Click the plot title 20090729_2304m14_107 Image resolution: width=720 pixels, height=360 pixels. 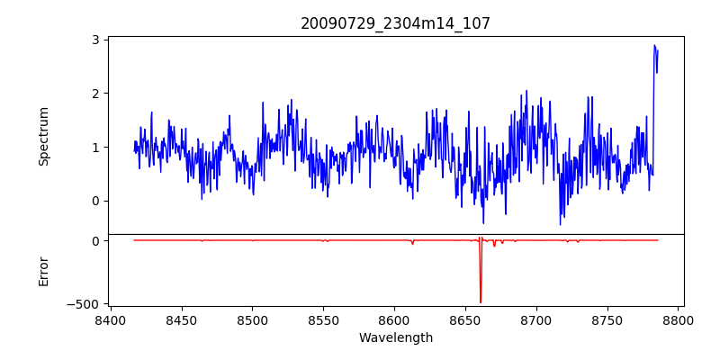coord(395,23)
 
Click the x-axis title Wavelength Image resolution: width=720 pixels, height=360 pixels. coord(395,338)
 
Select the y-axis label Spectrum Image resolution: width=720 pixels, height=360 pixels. coord(43,136)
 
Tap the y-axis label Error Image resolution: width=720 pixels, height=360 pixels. coord(43,271)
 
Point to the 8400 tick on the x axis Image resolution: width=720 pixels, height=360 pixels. coord(110,319)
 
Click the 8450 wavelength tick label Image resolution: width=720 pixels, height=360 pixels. coord(181,319)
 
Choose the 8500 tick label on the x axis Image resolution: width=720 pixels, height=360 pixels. coord(252,319)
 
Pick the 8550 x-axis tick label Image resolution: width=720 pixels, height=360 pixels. coord(323,319)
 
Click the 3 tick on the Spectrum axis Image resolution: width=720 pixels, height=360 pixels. coord(94,40)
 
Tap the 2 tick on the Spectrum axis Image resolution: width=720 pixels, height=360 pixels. coord(94,93)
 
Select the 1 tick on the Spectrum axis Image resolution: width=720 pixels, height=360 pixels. coord(94,147)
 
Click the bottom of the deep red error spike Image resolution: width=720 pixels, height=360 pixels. coord(481,302)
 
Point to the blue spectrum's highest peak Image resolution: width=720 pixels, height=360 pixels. coord(654,45)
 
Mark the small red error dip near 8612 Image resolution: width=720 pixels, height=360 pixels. coord(412,244)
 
